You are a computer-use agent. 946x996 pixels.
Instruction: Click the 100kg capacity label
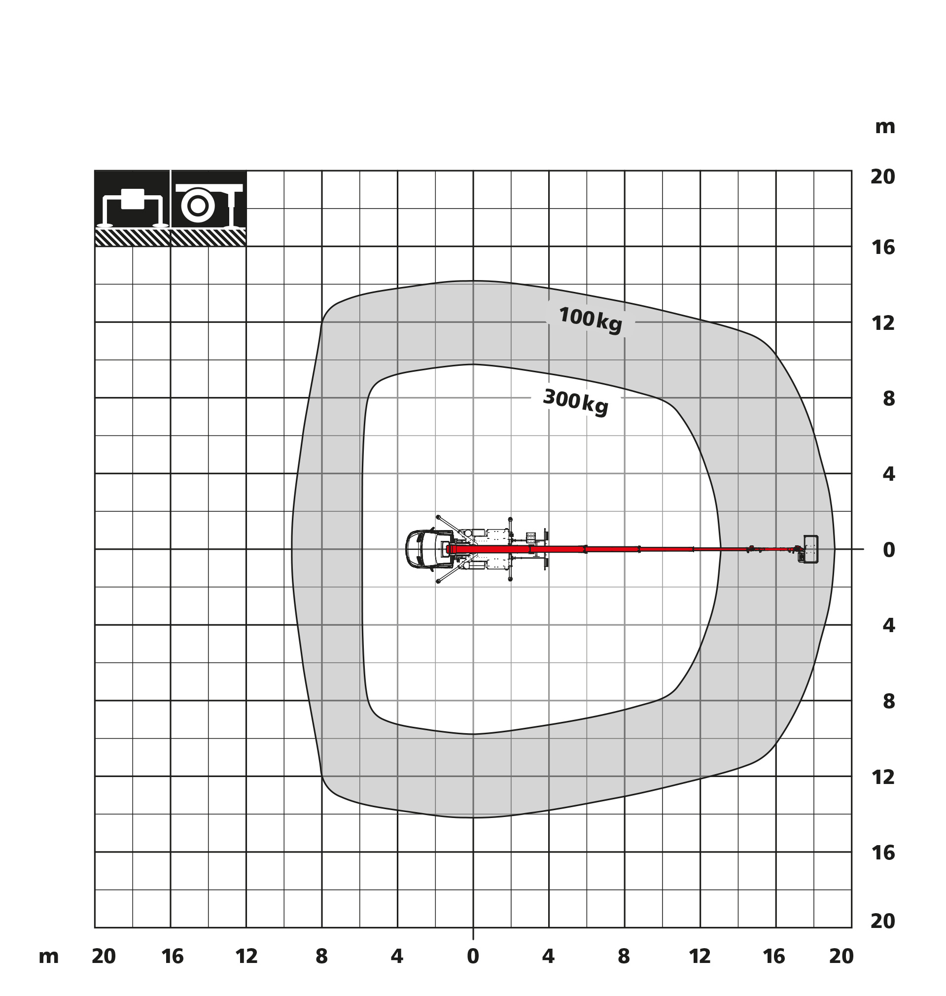click(591, 320)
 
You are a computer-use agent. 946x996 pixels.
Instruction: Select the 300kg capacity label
click(576, 402)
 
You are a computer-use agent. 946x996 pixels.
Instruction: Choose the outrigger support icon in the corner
click(133, 208)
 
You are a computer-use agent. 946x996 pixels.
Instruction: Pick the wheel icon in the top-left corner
click(209, 208)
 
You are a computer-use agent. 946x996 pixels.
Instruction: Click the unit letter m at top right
click(885, 127)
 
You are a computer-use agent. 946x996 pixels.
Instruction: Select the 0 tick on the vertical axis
click(889, 550)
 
